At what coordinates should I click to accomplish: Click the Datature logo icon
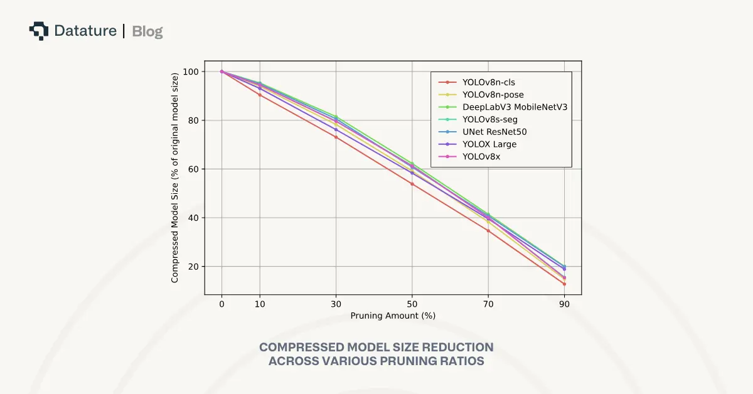coord(39,30)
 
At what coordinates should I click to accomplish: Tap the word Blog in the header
coord(147,31)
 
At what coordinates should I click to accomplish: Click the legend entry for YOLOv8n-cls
coord(488,82)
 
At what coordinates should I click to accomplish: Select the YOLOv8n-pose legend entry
coord(493,94)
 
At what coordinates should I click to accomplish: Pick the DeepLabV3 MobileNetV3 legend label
coord(515,107)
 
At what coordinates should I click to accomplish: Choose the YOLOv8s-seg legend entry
coord(489,119)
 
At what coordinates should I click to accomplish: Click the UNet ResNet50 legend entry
coord(494,132)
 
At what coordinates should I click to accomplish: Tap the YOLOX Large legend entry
coord(489,144)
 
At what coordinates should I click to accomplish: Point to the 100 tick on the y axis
coord(191,72)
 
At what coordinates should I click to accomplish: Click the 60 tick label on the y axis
coord(193,169)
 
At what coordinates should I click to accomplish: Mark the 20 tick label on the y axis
coord(193,267)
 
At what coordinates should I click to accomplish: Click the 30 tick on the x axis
coord(336,304)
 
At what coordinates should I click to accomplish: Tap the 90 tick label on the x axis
coord(565,304)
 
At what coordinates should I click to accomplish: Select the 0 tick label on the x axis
coord(222,304)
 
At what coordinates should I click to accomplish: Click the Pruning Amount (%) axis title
coord(393,316)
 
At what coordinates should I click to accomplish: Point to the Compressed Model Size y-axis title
coord(175,178)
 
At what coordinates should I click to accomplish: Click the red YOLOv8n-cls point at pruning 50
coord(412,184)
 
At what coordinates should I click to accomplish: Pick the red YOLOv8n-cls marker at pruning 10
coord(260,95)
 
